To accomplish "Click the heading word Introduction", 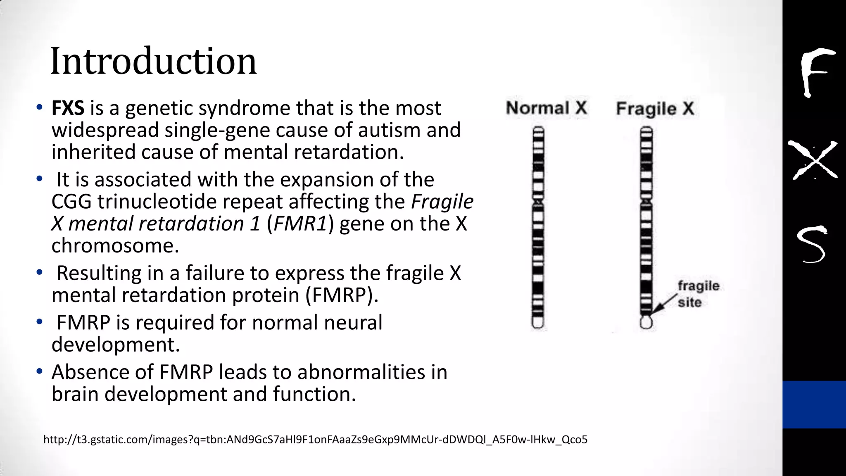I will (153, 62).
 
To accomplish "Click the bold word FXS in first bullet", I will (68, 108).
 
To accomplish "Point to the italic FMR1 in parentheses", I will (300, 224).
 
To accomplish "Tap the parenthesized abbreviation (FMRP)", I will (342, 295).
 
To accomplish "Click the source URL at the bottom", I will (315, 440).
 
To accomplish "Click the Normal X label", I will (546, 108).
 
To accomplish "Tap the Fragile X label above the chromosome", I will (655, 109).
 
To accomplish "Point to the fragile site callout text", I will (698, 294).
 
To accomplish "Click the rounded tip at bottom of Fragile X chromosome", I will (646, 322).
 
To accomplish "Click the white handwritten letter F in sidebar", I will (815, 72).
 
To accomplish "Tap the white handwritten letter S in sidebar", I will (812, 245).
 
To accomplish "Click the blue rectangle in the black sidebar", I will (814, 404).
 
